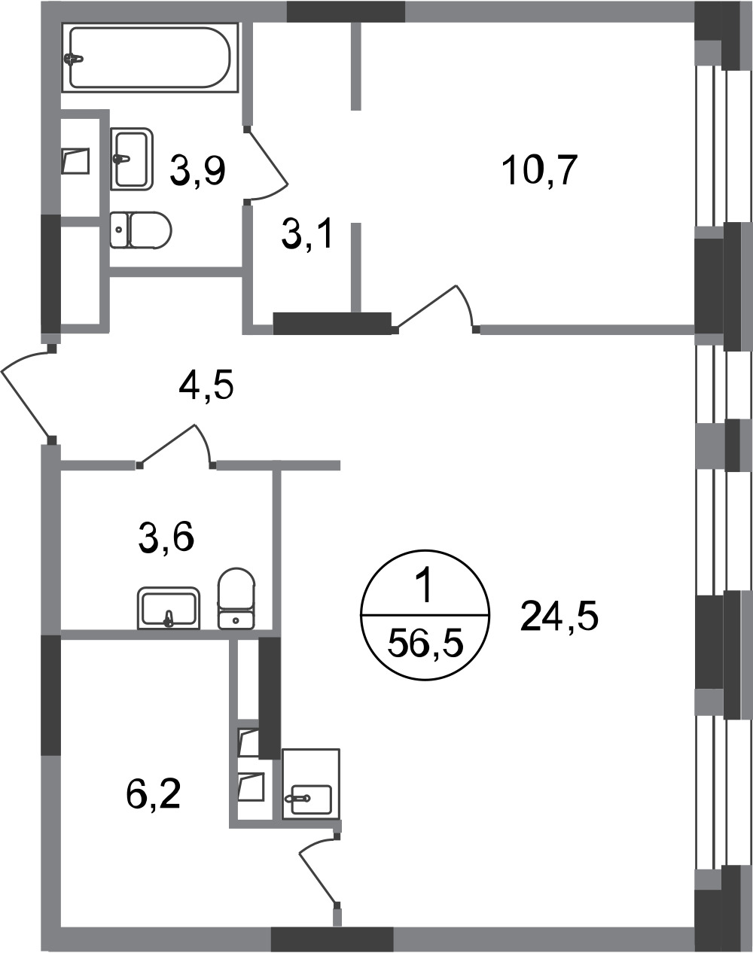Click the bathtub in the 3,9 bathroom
(x=150, y=57)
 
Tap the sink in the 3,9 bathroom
(x=132, y=159)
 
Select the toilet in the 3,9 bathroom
(x=140, y=230)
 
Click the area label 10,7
(x=540, y=170)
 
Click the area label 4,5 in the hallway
(x=206, y=385)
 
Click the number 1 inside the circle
(x=425, y=588)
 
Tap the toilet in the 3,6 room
(x=236, y=598)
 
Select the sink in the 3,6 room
(x=169, y=608)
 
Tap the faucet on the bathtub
(x=73, y=59)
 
